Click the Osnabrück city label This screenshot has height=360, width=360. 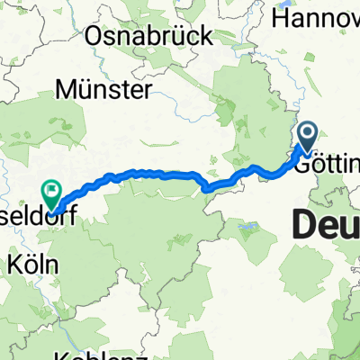click(149, 36)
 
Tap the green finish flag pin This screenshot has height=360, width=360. click(49, 191)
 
